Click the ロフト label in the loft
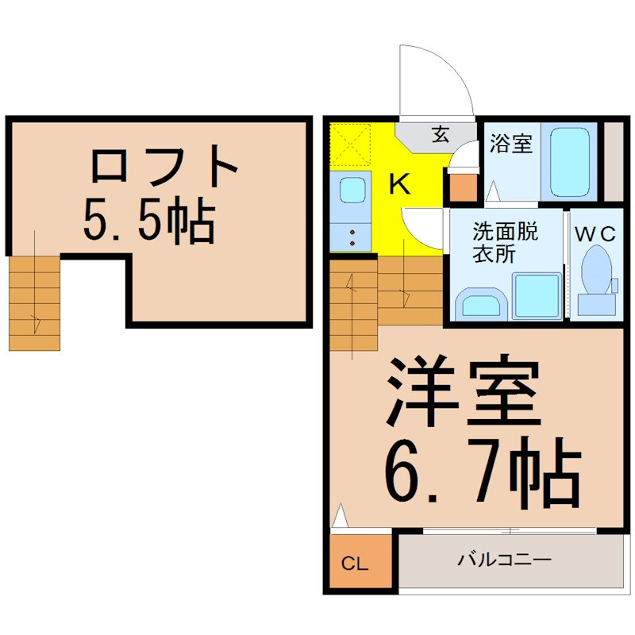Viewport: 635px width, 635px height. pyautogui.click(x=164, y=166)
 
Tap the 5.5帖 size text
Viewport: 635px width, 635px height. pyautogui.click(x=148, y=221)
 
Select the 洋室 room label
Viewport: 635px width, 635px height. pyautogui.click(x=464, y=391)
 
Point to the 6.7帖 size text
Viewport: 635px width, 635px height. pyautogui.click(x=483, y=472)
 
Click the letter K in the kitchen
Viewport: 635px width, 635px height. pyautogui.click(x=399, y=184)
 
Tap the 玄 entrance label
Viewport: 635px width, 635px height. pyautogui.click(x=441, y=134)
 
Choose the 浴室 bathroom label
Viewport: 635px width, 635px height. pyautogui.click(x=510, y=143)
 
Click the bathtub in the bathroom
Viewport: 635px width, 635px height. pyautogui.click(x=570, y=162)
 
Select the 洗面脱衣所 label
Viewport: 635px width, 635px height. pyautogui.click(x=506, y=243)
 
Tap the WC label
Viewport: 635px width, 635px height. pyautogui.click(x=595, y=233)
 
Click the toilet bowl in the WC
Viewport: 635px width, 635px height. pyautogui.click(x=597, y=270)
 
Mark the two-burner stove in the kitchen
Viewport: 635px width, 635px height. pyautogui.click(x=350, y=237)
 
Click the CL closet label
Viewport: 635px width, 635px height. pyautogui.click(x=355, y=564)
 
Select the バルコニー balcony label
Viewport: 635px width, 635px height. pyautogui.click(x=505, y=560)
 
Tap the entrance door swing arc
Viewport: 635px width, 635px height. pyautogui.click(x=455, y=67)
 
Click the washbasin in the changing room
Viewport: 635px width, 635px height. pyautogui.click(x=482, y=304)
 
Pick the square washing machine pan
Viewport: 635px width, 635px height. pyautogui.click(x=537, y=294)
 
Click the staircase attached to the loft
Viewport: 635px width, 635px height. pyautogui.click(x=34, y=303)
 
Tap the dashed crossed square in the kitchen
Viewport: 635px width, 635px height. pyautogui.click(x=350, y=144)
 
